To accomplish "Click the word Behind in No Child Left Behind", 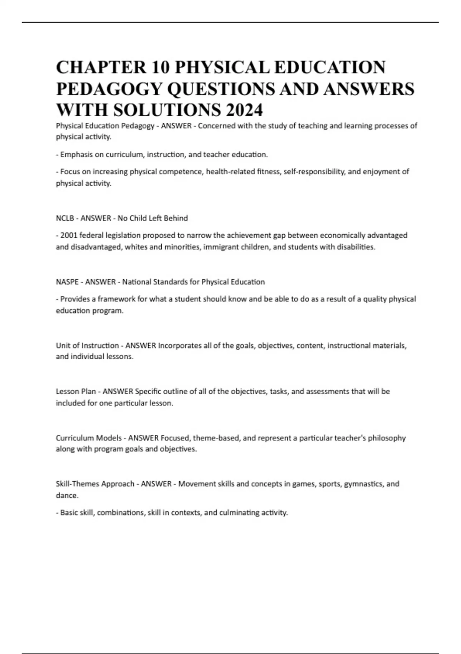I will (x=176, y=219).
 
